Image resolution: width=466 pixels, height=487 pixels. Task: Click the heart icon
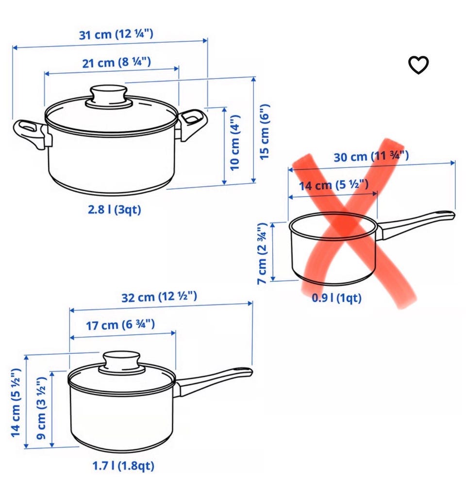[418, 65]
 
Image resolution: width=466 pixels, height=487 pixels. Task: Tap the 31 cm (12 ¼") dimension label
[116, 34]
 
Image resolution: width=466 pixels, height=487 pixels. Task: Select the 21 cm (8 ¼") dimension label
[116, 63]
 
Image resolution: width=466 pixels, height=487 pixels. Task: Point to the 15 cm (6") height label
[264, 131]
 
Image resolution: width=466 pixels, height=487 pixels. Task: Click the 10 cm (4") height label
[235, 143]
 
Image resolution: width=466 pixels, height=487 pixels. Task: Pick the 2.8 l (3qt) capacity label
[115, 210]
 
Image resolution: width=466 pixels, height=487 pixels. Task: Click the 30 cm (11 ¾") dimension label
[371, 156]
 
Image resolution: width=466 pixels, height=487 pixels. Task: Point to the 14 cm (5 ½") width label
[333, 185]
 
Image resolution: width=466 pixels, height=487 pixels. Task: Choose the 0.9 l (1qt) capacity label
[337, 298]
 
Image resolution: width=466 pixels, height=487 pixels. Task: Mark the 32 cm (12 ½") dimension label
[159, 296]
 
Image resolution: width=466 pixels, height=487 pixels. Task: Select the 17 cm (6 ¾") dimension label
[120, 325]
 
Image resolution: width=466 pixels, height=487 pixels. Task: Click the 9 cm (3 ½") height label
[41, 408]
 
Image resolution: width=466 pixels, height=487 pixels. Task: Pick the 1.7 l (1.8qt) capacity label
[123, 466]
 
